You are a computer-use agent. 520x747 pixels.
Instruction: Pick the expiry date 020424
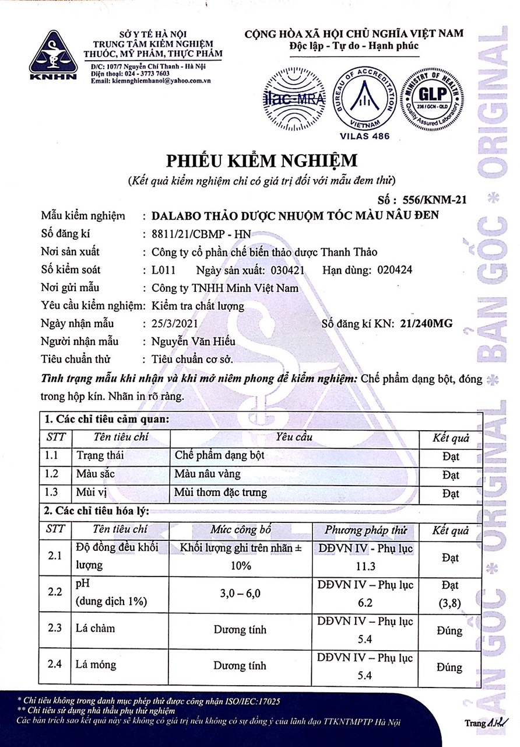[x=385, y=270]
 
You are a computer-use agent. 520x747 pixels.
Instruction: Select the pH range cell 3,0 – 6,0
[x=240, y=594]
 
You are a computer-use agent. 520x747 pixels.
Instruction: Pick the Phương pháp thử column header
[x=365, y=530]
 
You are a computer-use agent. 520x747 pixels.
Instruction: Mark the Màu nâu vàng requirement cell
[x=208, y=474]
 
